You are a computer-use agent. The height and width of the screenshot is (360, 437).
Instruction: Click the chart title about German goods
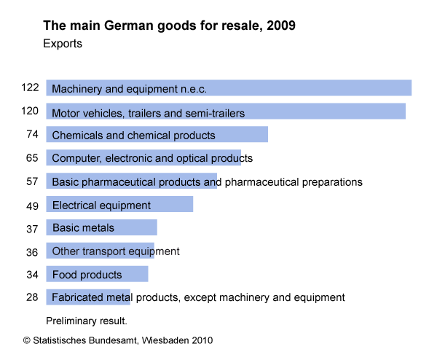[x=169, y=26]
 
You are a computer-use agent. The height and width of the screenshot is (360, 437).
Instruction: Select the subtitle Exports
[x=63, y=44]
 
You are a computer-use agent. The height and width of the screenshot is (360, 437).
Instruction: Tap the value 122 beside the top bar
[x=30, y=87]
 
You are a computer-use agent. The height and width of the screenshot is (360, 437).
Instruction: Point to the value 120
[x=30, y=111]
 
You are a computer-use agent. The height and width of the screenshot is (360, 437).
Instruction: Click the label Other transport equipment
[x=116, y=251]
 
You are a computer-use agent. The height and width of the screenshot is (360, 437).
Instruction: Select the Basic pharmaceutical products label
[x=207, y=181]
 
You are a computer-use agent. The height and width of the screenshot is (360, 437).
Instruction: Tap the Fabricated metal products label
[x=198, y=297]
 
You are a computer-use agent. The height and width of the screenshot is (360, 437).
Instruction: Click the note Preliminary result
[x=87, y=320]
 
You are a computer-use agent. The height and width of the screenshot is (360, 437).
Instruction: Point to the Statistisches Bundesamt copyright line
[x=118, y=340]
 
